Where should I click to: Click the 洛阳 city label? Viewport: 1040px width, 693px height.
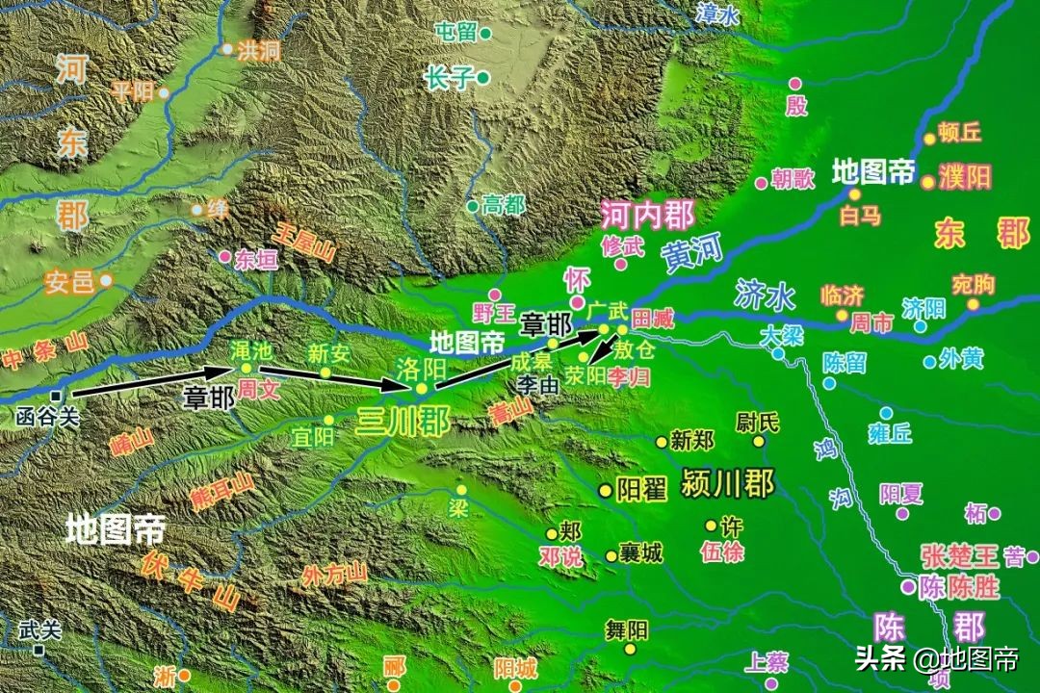(421, 368)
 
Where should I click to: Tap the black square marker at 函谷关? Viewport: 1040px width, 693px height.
(58, 396)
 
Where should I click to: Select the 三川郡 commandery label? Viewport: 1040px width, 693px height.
(403, 422)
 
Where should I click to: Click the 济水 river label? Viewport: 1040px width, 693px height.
(764, 296)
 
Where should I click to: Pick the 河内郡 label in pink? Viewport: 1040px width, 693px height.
(647, 213)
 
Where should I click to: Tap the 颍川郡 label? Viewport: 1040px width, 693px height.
(727, 484)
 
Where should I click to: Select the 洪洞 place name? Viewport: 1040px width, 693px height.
(258, 50)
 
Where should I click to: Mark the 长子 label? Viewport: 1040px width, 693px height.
(453, 77)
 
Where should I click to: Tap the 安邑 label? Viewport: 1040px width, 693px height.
(69, 282)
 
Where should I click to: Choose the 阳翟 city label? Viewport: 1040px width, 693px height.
(641, 490)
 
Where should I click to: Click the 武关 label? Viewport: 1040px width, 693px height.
(39, 629)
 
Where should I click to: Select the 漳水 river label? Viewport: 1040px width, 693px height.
(717, 13)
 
